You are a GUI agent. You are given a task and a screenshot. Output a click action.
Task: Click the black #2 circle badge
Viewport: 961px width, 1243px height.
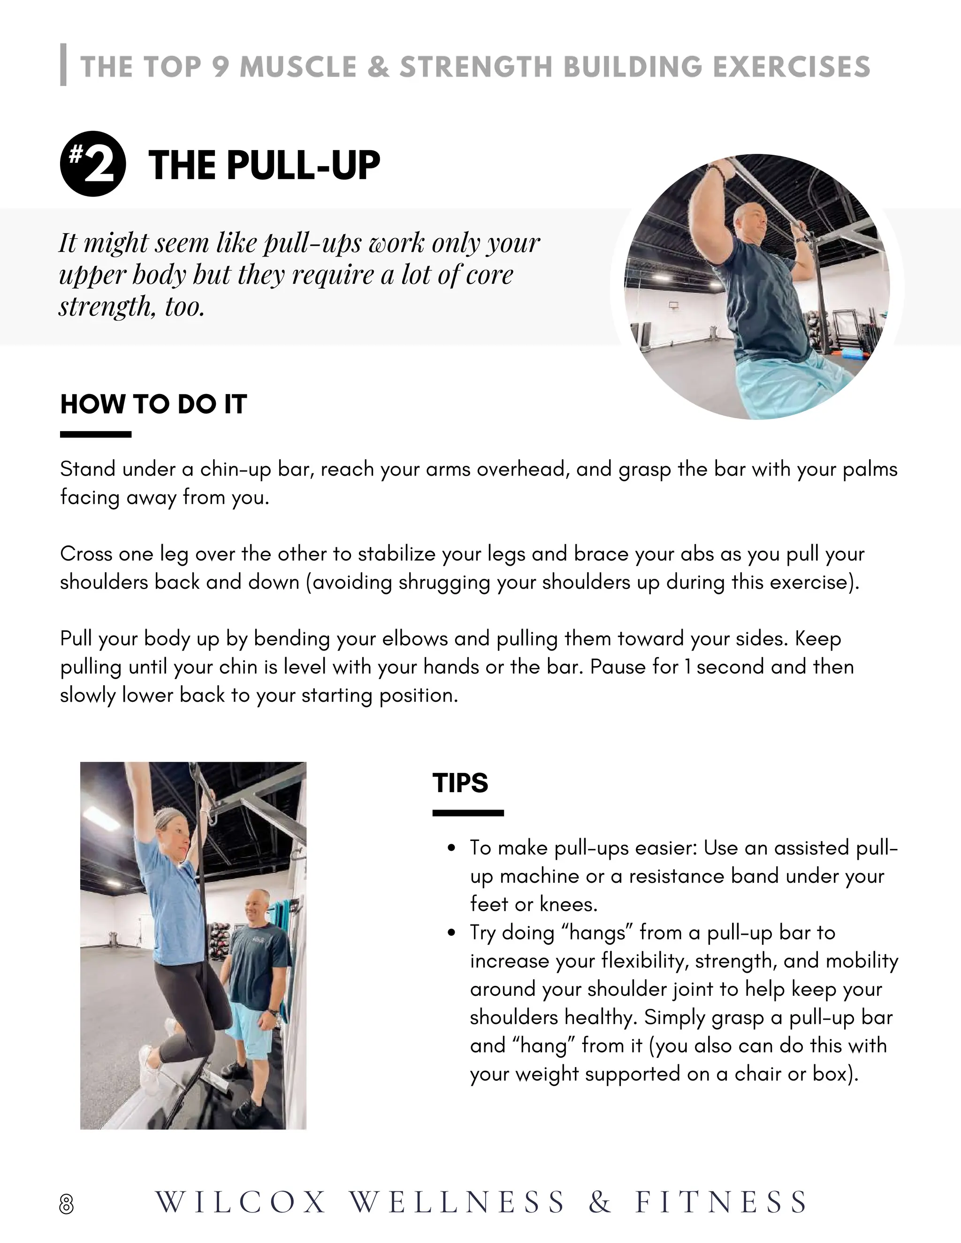[x=93, y=165]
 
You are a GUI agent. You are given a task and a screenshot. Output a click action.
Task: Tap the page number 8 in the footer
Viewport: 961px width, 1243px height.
[x=67, y=1204]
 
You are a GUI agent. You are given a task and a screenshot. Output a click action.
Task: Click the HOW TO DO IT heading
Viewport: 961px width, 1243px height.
[x=153, y=404]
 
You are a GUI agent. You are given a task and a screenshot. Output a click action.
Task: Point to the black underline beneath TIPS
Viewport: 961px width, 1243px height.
[x=468, y=813]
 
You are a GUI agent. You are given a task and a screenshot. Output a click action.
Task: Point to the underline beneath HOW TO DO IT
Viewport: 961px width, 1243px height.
[x=96, y=435]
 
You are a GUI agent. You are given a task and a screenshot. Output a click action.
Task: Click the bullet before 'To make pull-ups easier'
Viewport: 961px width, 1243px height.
[x=451, y=849]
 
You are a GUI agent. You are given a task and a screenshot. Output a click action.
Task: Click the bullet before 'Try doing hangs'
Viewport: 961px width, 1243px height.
[x=451, y=933]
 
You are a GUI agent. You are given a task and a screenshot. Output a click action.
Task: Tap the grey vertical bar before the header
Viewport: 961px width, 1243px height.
[x=63, y=65]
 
